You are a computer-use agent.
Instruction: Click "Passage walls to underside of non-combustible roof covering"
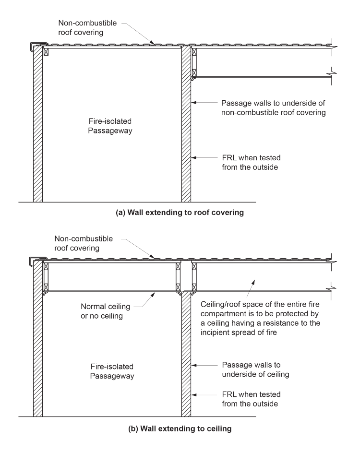pyautogui.click(x=273, y=108)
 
